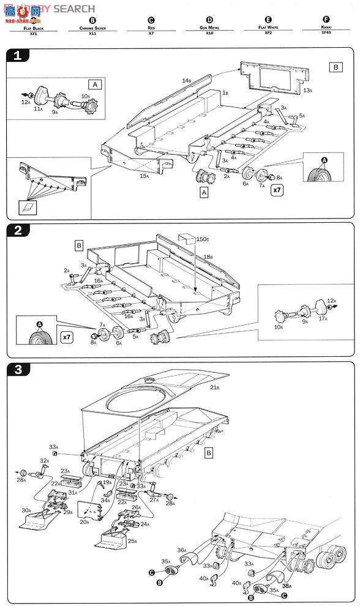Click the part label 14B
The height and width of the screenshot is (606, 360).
pos(186,81)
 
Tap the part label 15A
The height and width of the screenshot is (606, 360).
pos(144,176)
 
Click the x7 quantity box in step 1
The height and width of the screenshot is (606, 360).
pos(277,190)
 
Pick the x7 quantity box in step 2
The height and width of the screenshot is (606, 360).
pos(67,337)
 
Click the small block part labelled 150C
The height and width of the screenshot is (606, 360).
pos(186,238)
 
